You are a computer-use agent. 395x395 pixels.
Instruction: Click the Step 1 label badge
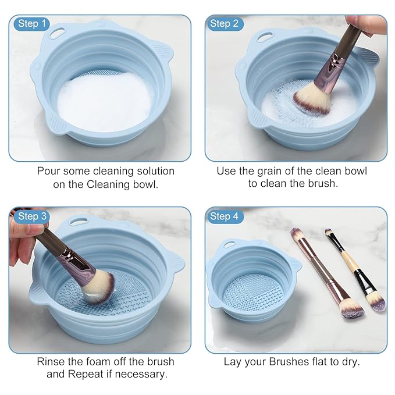[31, 23]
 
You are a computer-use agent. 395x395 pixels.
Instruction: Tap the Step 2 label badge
[224, 23]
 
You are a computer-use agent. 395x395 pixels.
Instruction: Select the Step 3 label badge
[31, 216]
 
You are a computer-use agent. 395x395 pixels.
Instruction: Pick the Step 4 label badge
[224, 216]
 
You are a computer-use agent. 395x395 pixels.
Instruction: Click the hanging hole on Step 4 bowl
[240, 234]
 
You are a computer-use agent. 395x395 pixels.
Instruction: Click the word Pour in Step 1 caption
[49, 171]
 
